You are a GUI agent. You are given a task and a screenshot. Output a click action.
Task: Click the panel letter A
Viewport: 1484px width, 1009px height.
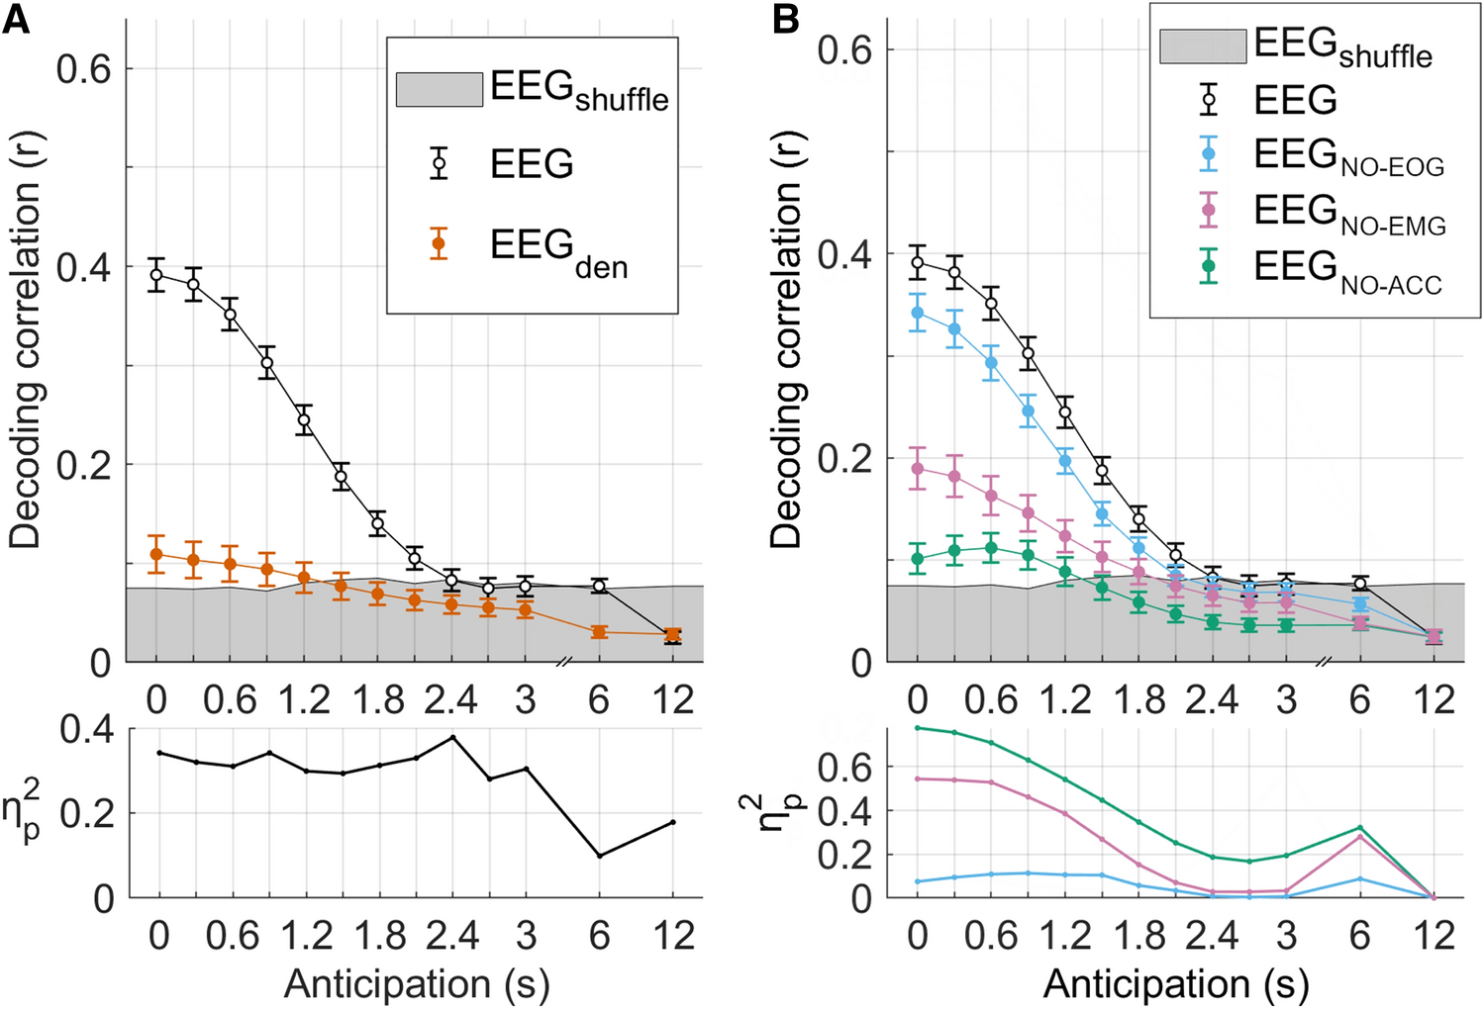pyautogui.click(x=16, y=19)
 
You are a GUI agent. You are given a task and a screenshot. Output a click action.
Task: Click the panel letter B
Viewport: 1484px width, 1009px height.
pyautogui.click(x=785, y=19)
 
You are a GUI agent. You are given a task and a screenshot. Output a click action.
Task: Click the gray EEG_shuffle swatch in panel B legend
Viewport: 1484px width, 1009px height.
pyautogui.click(x=1203, y=46)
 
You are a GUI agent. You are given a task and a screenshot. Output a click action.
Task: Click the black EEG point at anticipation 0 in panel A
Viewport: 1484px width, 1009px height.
pyautogui.click(x=156, y=275)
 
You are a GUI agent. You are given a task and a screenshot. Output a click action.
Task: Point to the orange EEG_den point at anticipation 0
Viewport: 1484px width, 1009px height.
pyautogui.click(x=156, y=554)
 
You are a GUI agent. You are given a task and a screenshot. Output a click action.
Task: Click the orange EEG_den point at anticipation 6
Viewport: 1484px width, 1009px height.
pyautogui.click(x=599, y=631)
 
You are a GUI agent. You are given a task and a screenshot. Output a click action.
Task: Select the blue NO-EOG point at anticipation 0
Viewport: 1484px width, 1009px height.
pyautogui.click(x=918, y=313)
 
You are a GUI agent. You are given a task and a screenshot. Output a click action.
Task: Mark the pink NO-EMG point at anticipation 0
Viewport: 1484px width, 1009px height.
pyautogui.click(x=918, y=469)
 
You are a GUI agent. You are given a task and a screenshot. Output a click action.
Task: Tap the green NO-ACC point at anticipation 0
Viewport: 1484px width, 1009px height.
pyautogui.click(x=918, y=559)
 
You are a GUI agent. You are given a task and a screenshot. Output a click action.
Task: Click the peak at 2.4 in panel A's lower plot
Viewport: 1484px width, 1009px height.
pyautogui.click(x=452, y=737)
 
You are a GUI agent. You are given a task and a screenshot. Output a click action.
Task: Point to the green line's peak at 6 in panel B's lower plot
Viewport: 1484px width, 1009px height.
pyautogui.click(x=1360, y=828)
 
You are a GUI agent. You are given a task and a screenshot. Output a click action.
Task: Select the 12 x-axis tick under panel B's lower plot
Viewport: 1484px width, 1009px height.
pyautogui.click(x=1434, y=936)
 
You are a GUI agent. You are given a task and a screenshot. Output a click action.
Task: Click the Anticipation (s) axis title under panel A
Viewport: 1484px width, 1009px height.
pyautogui.click(x=416, y=984)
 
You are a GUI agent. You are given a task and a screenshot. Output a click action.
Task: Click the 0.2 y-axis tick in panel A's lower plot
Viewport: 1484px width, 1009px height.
pyautogui.click(x=86, y=814)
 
